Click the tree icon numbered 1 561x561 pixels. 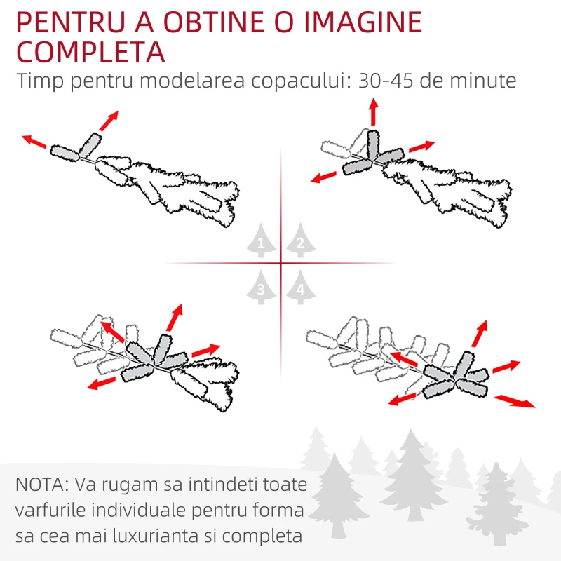pos(261,241)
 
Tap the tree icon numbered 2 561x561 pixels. pos(301,241)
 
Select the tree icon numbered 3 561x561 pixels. pos(261,288)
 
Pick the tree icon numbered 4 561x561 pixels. pos(301,288)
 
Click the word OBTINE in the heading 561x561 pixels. pos(214,22)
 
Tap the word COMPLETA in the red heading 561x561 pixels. pos(91,52)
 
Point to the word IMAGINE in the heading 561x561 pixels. pos(363,22)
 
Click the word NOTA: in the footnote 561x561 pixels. pos(42,485)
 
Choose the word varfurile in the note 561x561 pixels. pos(50,511)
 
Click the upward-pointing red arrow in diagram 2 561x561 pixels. pos(374,112)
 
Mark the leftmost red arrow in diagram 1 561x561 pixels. pos(34,142)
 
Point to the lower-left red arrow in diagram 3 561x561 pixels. pos(102,383)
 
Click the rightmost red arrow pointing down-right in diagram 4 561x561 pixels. pos(515,401)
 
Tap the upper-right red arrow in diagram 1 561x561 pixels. pos(109,121)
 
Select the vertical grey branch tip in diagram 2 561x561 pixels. pos(373,144)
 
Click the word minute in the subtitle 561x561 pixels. pos(483,81)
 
